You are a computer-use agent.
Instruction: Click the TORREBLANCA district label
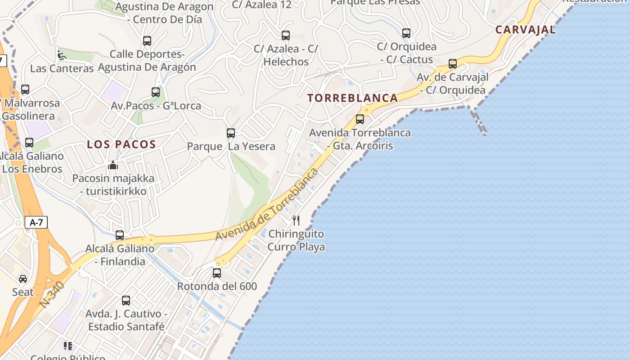click(x=353, y=98)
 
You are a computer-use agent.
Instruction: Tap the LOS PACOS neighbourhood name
click(x=121, y=144)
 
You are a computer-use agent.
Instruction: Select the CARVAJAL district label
click(x=525, y=30)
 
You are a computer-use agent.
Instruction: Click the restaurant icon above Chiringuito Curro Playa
click(x=296, y=220)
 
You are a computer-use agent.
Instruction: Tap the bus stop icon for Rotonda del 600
click(x=217, y=273)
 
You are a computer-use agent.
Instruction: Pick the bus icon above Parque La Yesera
click(x=231, y=133)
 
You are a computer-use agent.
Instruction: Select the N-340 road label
click(x=52, y=295)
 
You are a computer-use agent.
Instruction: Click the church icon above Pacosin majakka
click(x=113, y=165)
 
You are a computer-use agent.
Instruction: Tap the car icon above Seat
click(x=23, y=279)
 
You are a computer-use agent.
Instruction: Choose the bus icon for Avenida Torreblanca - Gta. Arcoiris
click(x=360, y=119)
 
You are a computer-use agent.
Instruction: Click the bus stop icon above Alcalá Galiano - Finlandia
click(x=120, y=235)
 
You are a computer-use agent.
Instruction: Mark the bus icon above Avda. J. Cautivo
click(x=126, y=300)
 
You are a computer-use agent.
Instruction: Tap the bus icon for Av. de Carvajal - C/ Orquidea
click(x=453, y=64)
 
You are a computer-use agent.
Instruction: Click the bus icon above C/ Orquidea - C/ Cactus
click(x=406, y=33)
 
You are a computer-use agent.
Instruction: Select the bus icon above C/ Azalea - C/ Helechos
click(x=286, y=35)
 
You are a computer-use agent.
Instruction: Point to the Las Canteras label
click(x=62, y=68)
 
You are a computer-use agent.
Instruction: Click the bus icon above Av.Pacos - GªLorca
click(x=156, y=92)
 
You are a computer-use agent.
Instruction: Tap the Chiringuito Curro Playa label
click(x=296, y=240)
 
